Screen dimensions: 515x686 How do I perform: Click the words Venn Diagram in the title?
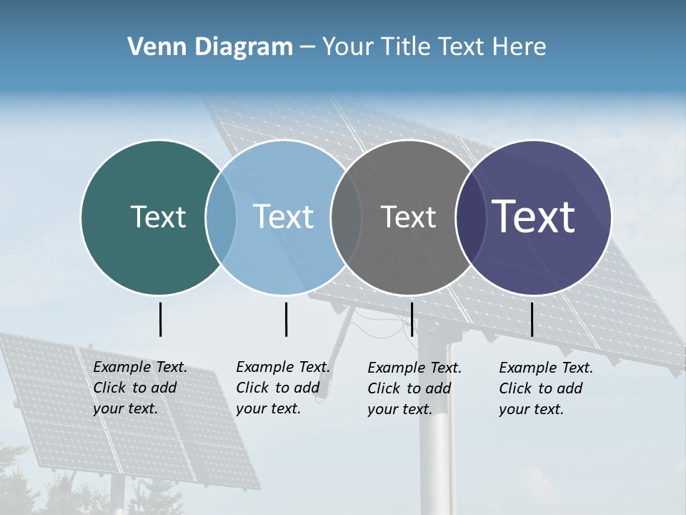[210, 47]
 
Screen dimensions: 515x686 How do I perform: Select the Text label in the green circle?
[158, 217]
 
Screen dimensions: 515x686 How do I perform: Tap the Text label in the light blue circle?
[283, 217]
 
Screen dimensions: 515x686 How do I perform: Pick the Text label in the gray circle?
[408, 217]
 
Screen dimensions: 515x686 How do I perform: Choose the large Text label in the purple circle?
[534, 217]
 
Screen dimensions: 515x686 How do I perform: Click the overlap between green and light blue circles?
[221, 217]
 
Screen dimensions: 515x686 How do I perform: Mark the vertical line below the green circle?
[161, 319]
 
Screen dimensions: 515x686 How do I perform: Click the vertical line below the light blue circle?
[286, 319]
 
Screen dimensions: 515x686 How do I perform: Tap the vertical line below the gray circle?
[412, 319]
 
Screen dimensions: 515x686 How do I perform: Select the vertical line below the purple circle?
[532, 319]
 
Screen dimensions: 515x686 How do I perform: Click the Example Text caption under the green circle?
[139, 388]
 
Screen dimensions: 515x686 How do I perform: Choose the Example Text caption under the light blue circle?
[282, 388]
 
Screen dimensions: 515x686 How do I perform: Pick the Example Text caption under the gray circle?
[414, 388]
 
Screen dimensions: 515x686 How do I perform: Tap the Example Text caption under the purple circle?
[545, 388]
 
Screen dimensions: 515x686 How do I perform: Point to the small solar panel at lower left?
[129, 415]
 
